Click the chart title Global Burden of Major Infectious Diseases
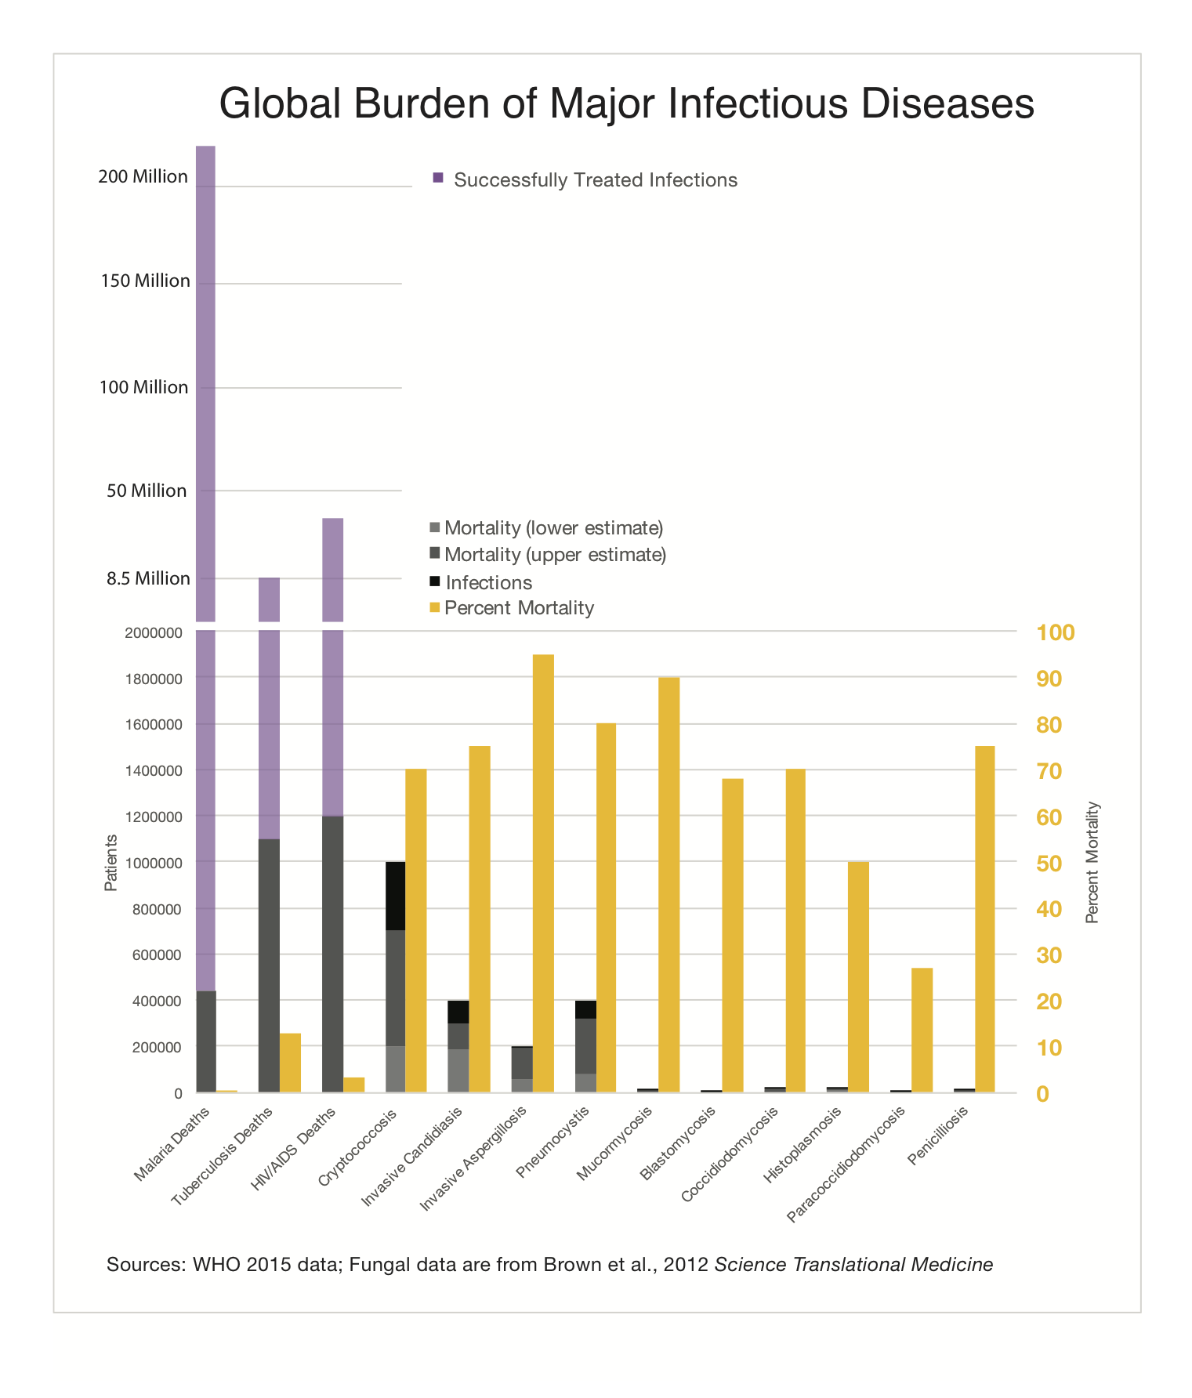(x=626, y=103)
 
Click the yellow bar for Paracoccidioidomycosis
(x=922, y=1030)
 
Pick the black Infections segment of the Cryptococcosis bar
(x=395, y=896)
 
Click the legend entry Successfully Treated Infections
(x=595, y=180)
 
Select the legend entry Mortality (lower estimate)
(x=553, y=528)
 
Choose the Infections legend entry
(x=488, y=582)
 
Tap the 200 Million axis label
(x=143, y=177)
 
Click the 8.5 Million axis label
(x=149, y=579)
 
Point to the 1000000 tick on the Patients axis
(x=154, y=863)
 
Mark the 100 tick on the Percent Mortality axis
(x=1055, y=632)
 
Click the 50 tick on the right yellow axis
(x=1049, y=863)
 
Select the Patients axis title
(x=111, y=863)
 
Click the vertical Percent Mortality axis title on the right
(x=1092, y=863)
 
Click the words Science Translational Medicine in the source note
(x=853, y=1264)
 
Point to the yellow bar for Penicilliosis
(x=984, y=918)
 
